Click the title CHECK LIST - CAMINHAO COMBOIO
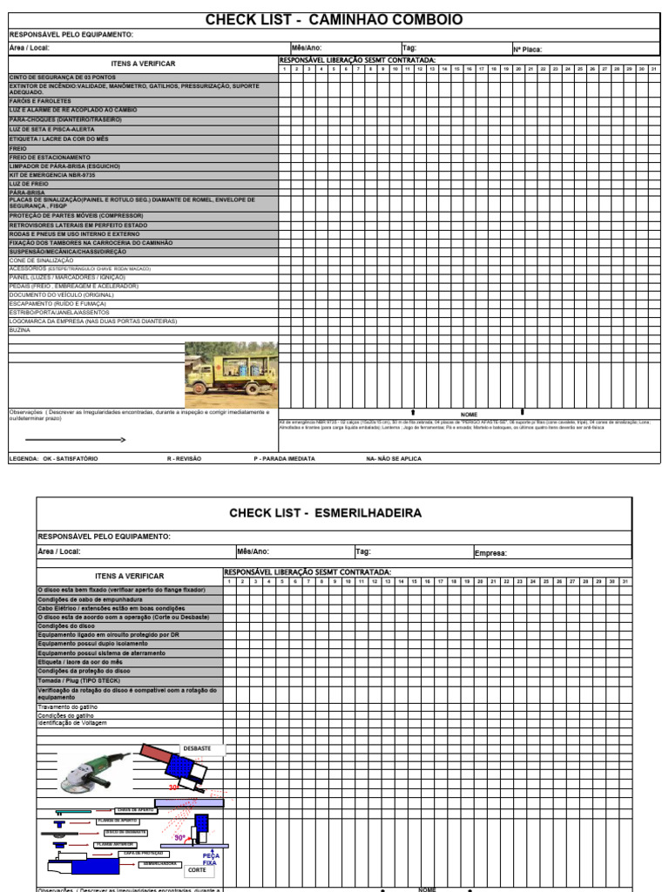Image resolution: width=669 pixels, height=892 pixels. pos(334,20)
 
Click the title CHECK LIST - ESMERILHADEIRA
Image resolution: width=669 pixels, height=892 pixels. pos(325,513)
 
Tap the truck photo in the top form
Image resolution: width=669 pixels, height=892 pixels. pos(231,375)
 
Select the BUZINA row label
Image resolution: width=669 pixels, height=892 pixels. pos(20,330)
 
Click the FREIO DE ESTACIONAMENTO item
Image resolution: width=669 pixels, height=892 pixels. pos(50,158)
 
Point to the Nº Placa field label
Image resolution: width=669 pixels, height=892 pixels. pos(527,50)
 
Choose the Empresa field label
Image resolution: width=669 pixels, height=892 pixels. pos(490,552)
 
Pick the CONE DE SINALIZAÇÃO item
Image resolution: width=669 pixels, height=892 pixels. pos(41,260)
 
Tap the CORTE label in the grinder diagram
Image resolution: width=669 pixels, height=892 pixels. pos(198,870)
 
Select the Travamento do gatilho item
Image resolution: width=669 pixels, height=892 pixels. pos(68,706)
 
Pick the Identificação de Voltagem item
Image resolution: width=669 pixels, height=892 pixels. pos(71,723)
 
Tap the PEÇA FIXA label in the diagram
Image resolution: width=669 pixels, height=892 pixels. pos(211,859)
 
